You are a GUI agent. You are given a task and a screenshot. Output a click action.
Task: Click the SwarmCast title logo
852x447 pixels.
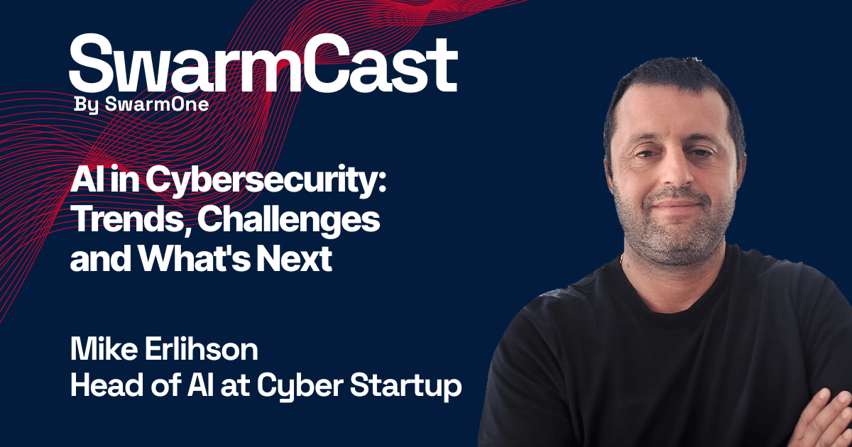pos(263,63)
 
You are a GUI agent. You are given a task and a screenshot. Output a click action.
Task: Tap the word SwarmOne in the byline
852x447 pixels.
pos(157,104)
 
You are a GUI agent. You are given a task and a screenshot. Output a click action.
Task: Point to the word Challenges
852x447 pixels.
pos(289,221)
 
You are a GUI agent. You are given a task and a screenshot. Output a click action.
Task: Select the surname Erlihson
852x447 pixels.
pos(202,349)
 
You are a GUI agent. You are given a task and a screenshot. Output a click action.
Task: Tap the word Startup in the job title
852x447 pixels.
pos(406,387)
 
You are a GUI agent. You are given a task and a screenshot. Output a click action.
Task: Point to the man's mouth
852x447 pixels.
pos(677,204)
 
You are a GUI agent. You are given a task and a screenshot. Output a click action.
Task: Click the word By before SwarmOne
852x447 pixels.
pos(87,105)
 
